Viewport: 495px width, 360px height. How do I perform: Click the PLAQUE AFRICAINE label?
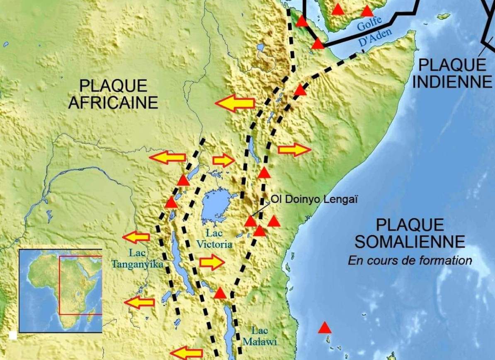click(113, 94)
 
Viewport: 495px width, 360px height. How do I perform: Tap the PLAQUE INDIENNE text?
click(452, 73)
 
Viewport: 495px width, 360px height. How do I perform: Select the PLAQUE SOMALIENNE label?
click(410, 233)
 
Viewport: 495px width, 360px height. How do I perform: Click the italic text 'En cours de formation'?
click(410, 261)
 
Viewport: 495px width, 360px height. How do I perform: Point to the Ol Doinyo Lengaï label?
click(315, 199)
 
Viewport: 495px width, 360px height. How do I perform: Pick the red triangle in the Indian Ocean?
click(325, 328)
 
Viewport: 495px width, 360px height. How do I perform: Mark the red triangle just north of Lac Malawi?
click(220, 293)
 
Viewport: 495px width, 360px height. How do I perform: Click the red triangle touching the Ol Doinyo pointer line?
click(250, 221)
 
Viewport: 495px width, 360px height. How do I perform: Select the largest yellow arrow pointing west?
click(235, 103)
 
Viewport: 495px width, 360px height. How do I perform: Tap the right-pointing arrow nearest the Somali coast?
click(294, 150)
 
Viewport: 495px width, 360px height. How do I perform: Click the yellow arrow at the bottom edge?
click(186, 353)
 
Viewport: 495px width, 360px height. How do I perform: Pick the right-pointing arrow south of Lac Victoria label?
click(212, 262)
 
